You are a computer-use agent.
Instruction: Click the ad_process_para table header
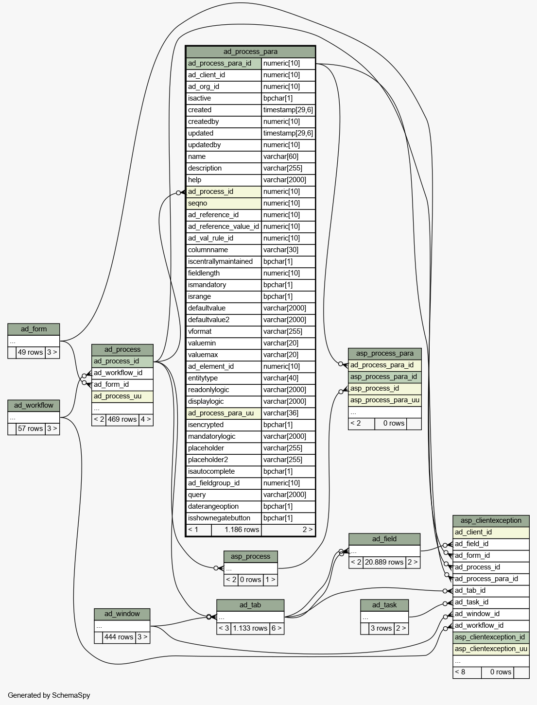[250, 52]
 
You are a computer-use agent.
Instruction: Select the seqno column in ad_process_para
[224, 203]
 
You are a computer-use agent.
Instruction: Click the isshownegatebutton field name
[224, 518]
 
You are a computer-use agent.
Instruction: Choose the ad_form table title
[34, 329]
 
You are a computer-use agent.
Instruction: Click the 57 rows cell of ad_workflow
[31, 429]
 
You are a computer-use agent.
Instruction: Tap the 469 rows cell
[122, 419]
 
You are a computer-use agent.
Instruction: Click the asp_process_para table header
[385, 354]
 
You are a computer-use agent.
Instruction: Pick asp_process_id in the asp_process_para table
[385, 389]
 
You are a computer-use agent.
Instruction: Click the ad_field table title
[384, 539]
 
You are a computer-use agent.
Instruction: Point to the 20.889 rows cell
[384, 562]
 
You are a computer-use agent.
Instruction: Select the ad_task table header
[384, 605]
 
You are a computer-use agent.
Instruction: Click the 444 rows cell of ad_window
[119, 637]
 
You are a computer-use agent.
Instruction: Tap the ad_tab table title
[250, 605]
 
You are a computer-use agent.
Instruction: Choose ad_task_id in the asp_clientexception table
[491, 602]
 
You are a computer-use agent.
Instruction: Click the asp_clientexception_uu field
[491, 649]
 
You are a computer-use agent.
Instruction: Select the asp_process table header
[250, 557]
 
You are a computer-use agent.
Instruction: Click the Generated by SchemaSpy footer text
[49, 695]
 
